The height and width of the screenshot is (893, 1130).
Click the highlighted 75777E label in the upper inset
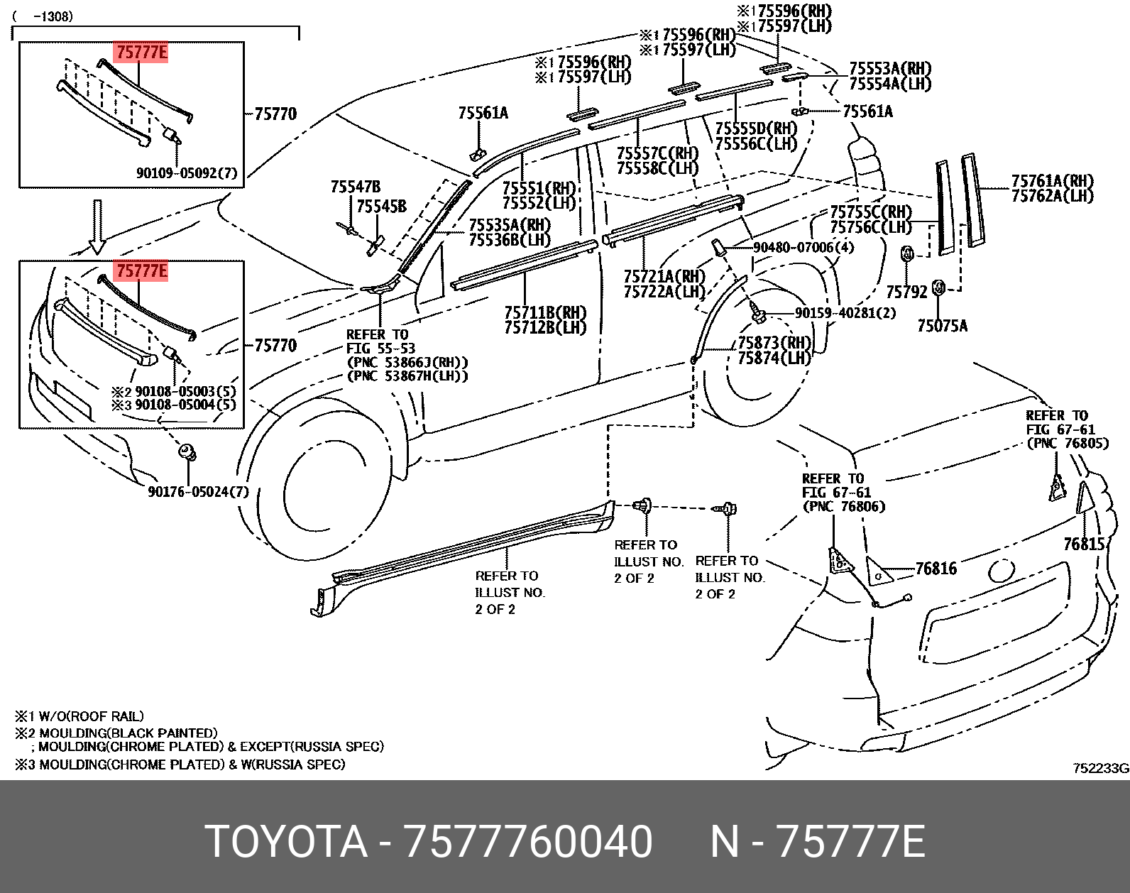142,52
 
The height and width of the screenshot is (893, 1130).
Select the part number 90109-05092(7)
187,173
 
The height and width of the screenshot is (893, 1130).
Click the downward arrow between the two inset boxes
97,226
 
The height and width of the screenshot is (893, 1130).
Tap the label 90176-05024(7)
198,491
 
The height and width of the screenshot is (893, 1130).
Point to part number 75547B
355,187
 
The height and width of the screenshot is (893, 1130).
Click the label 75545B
381,206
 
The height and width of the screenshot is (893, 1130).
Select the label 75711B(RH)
545,312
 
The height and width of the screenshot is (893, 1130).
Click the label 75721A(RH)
664,276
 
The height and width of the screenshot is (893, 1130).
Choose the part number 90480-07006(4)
803,247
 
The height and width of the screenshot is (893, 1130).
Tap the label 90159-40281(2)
845,313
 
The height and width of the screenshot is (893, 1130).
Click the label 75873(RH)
774,343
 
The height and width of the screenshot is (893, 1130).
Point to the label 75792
906,292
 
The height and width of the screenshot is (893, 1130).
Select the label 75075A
942,326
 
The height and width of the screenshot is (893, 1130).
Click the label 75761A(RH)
1052,181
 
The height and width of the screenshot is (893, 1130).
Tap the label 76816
936,569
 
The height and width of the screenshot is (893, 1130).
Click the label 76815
1084,544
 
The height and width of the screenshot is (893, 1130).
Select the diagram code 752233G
1100,768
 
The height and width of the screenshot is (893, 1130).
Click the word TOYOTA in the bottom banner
286,842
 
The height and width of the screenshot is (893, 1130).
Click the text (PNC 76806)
844,506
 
